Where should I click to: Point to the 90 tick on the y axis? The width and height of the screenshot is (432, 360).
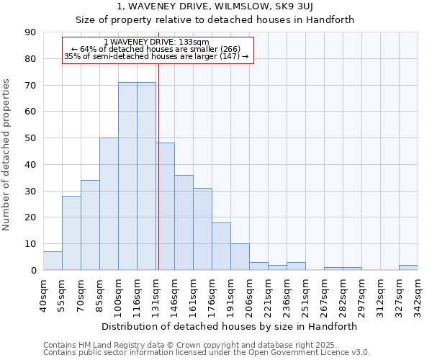click(30, 32)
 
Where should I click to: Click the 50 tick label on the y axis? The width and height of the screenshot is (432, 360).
click(30, 138)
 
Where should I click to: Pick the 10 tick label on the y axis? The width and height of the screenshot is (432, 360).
click(30, 244)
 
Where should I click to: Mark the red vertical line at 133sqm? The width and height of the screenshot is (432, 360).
click(158, 180)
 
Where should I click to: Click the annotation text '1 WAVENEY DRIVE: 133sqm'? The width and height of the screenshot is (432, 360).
click(156, 42)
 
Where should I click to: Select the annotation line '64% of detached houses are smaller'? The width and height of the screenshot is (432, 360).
click(156, 49)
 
